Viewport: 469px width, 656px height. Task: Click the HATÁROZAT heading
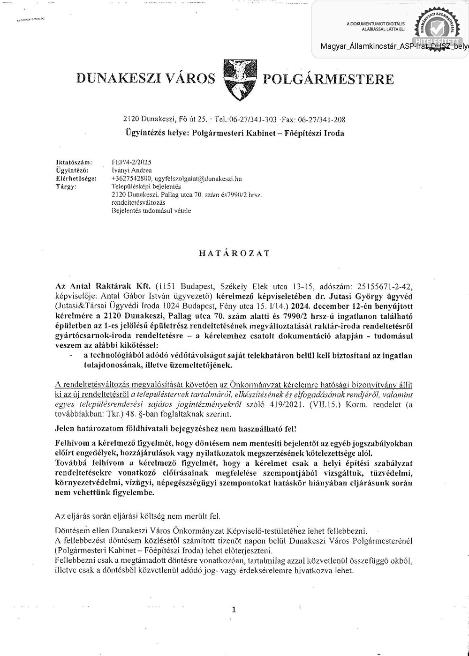click(234, 253)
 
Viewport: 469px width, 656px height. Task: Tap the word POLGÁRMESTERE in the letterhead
click(328, 79)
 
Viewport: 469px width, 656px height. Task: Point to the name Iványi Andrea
click(131, 170)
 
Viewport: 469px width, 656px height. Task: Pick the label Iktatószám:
click(74, 162)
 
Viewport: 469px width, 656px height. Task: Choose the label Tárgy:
click(66, 186)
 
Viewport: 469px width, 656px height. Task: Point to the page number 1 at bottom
click(234, 610)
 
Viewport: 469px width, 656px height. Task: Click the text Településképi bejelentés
click(146, 186)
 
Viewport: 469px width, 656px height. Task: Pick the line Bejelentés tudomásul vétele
click(151, 211)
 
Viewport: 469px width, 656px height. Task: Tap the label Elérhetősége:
click(76, 179)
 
